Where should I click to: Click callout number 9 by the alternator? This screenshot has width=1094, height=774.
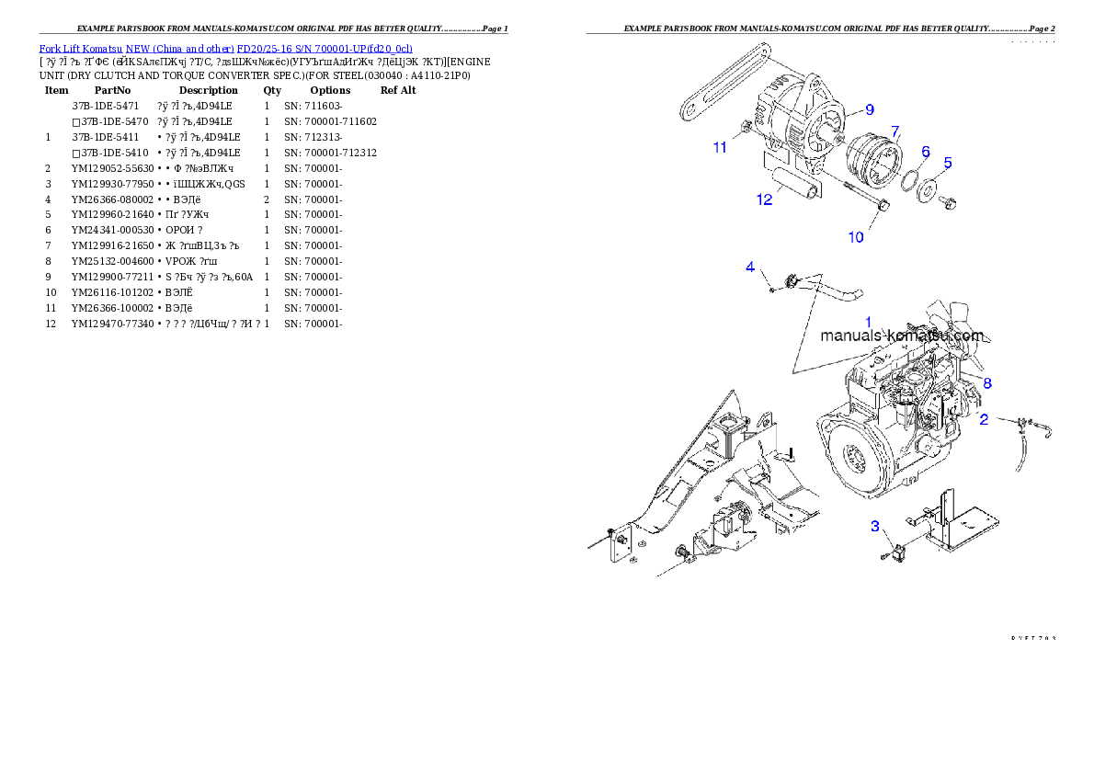(869, 109)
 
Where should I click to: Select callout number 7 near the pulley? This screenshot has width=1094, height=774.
(895, 131)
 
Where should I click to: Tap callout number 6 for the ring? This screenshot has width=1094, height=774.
(926, 151)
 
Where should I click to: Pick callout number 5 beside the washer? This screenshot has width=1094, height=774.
(948, 163)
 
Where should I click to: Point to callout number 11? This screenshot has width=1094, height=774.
(720, 147)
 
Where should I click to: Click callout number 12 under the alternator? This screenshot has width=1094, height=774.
(764, 199)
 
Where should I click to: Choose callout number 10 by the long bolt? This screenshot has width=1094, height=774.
(855, 237)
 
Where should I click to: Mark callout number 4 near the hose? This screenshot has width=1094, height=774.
(750, 267)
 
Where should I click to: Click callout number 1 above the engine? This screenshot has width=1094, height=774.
(867, 322)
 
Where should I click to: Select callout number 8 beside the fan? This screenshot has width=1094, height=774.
(986, 382)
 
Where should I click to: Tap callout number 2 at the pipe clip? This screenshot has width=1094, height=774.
(984, 419)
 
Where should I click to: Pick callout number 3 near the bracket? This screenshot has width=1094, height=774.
(875, 526)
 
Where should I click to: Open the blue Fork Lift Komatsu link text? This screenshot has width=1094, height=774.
(225, 48)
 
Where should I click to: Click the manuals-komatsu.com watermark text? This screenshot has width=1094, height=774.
(901, 336)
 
